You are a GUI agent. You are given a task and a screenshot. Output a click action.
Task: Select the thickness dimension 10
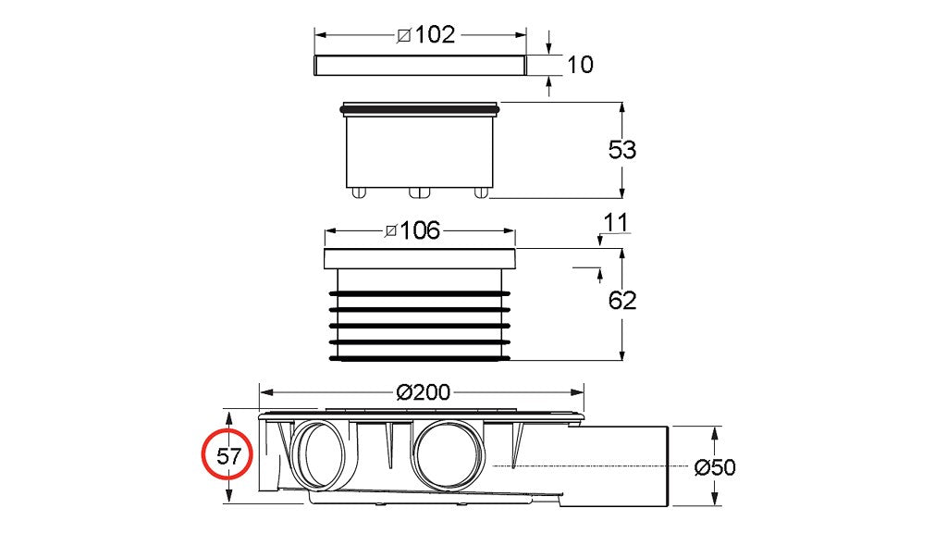pyautogui.click(x=581, y=65)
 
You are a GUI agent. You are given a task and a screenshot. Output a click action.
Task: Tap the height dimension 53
pyautogui.click(x=621, y=149)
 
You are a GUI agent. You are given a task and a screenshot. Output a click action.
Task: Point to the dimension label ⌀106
pyautogui.click(x=413, y=230)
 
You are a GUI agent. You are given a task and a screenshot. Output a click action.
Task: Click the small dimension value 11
pyautogui.click(x=615, y=222)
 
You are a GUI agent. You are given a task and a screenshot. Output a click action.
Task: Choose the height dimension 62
pyautogui.click(x=621, y=301)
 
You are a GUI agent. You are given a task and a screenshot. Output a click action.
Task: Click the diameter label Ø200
pyautogui.click(x=423, y=391)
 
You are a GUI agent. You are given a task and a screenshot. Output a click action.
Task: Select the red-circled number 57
pyautogui.click(x=228, y=456)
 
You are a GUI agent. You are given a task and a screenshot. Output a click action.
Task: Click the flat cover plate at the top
pyautogui.click(x=420, y=66)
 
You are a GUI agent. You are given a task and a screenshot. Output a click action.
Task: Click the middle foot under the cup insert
pyautogui.click(x=420, y=192)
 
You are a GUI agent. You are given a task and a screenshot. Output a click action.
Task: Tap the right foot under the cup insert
pyautogui.click(x=480, y=192)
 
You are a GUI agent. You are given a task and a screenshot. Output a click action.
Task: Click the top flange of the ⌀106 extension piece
pyautogui.click(x=420, y=258)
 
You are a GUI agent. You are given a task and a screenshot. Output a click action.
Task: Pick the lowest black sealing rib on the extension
pyautogui.click(x=420, y=356)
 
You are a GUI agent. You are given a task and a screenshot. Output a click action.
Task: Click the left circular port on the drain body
pyautogui.click(x=318, y=453)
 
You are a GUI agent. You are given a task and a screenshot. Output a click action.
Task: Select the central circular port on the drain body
pyautogui.click(x=447, y=453)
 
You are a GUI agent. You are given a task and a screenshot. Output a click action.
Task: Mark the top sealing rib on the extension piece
pyautogui.click(x=420, y=293)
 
